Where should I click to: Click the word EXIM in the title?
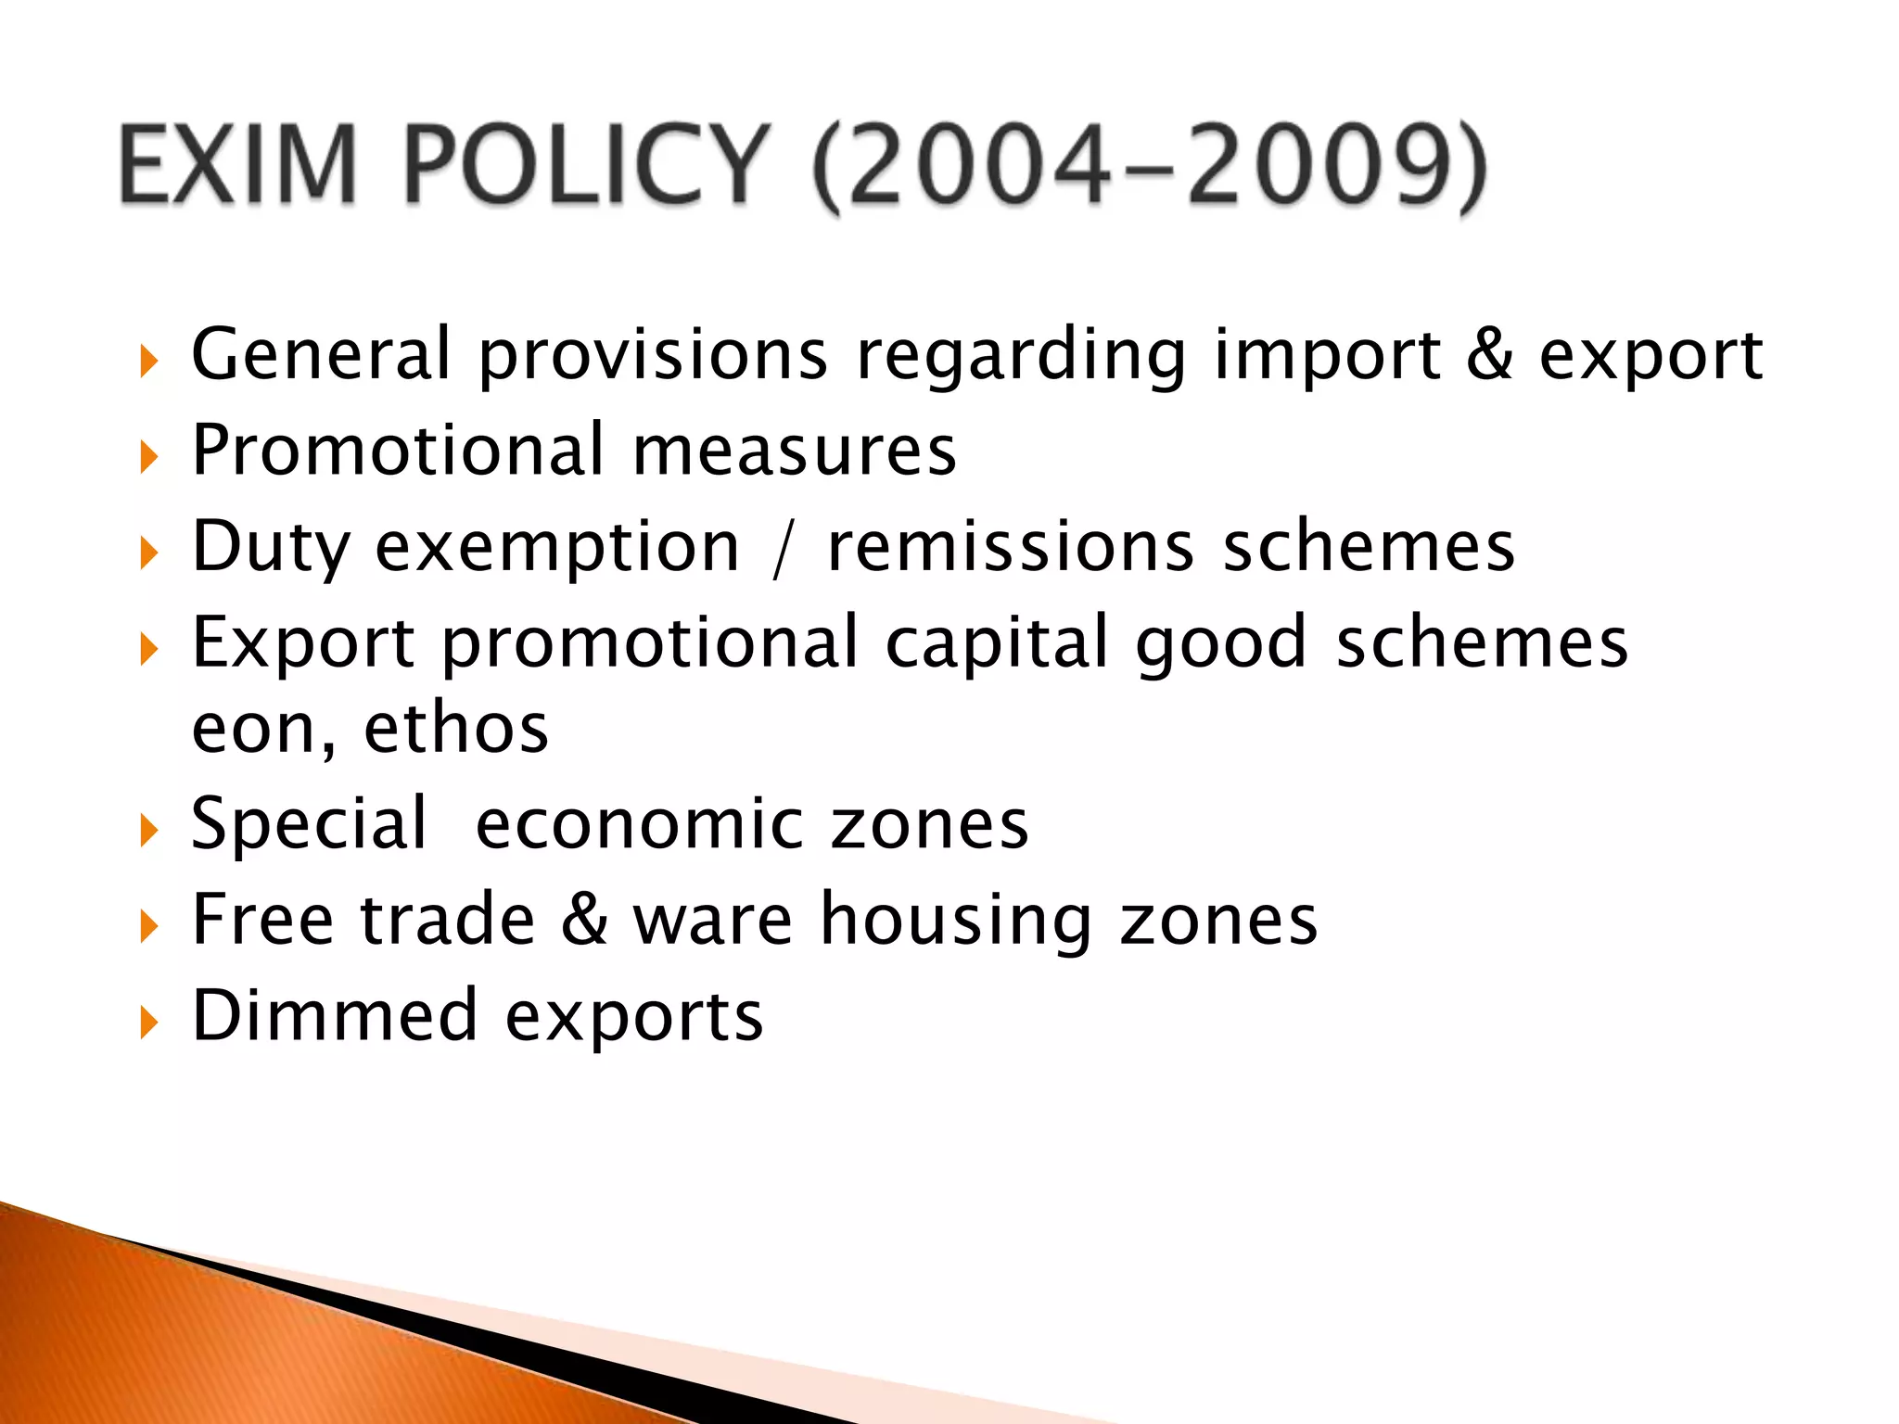(x=237, y=165)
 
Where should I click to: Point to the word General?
(x=321, y=354)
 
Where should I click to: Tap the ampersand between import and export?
(x=1489, y=354)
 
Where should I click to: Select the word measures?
(x=794, y=451)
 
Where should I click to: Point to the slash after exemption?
(x=782, y=549)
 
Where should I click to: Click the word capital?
(x=998, y=643)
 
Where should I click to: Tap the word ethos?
(x=456, y=729)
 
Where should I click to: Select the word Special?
(x=310, y=824)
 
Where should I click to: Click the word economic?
(x=640, y=824)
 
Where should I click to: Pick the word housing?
(x=956, y=921)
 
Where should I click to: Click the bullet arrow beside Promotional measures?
(x=148, y=456)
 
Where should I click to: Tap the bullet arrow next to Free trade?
(x=148, y=925)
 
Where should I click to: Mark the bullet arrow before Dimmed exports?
(x=148, y=1022)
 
